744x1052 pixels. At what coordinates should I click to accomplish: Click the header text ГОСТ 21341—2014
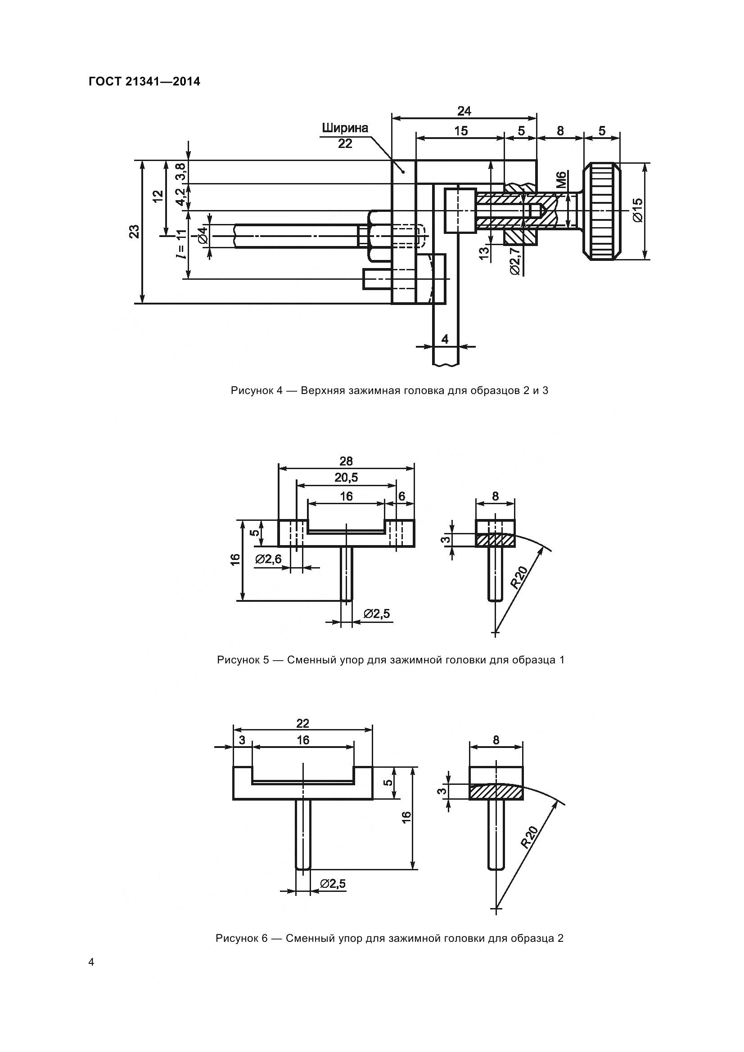[x=144, y=82]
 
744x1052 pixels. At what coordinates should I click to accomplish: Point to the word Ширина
[x=345, y=128]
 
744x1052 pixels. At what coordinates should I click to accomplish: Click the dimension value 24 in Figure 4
[x=464, y=111]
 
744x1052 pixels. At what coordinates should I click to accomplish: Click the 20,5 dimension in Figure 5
[x=346, y=478]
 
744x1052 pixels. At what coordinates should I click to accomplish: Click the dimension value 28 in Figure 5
[x=346, y=461]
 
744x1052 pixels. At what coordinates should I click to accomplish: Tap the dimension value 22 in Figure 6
[x=302, y=723]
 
